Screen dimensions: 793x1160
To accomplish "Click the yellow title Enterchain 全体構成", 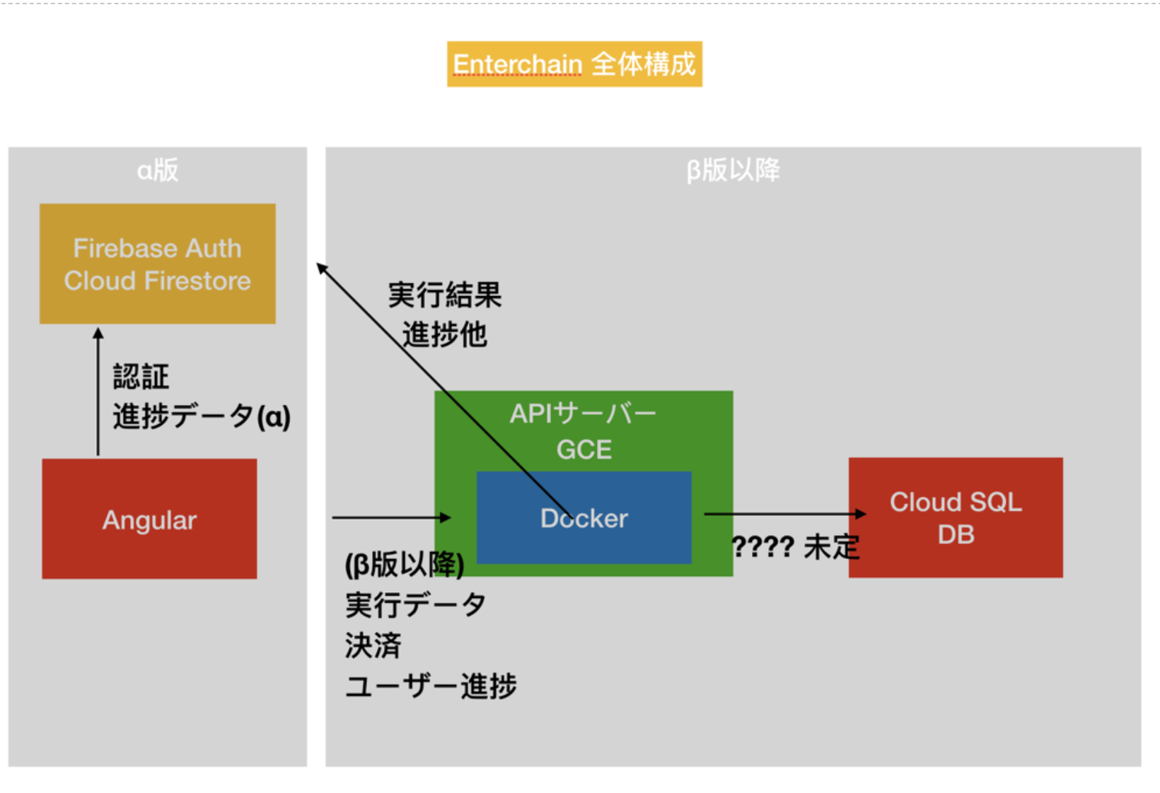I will [574, 64].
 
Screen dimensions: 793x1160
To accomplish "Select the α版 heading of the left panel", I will [157, 170].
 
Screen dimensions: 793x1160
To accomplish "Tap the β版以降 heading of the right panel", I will [733, 170].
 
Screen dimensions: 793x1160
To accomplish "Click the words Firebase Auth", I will [157, 248].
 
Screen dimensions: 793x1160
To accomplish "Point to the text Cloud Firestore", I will [157, 281].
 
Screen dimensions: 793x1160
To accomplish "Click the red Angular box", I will [149, 519].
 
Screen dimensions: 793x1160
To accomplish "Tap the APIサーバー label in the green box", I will [584, 413].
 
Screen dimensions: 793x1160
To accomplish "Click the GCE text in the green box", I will [584, 450].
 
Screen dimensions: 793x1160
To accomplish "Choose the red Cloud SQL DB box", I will [956, 518].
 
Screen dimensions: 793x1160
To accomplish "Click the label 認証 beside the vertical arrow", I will [141, 376].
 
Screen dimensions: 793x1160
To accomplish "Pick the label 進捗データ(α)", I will [202, 416].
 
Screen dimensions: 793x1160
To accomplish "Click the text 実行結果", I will [445, 295].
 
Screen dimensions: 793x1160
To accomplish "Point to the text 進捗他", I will [445, 334].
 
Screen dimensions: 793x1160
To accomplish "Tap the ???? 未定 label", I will [795, 546].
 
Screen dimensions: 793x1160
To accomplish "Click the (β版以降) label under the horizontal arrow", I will [405, 565].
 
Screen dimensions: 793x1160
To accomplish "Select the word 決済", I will [373, 645].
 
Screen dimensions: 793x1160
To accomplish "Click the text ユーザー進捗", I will [431, 686].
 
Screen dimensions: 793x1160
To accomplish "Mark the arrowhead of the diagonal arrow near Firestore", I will [321, 268].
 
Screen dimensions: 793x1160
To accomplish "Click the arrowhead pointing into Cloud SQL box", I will [861, 514].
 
